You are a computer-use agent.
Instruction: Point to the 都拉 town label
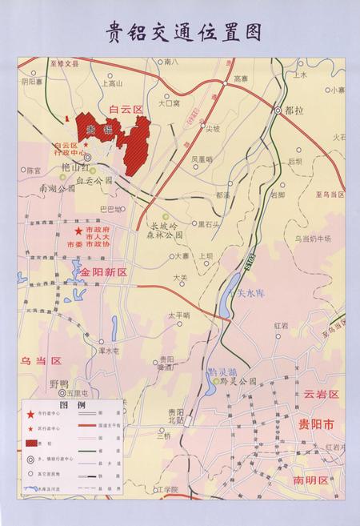coord(297,112)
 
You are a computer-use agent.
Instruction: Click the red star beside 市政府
coord(78,231)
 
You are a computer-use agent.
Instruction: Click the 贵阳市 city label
coord(315,424)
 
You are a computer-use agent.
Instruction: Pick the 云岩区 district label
coord(322,395)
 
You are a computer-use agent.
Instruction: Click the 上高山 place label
coord(113,82)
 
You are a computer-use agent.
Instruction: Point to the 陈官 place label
coord(34,170)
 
